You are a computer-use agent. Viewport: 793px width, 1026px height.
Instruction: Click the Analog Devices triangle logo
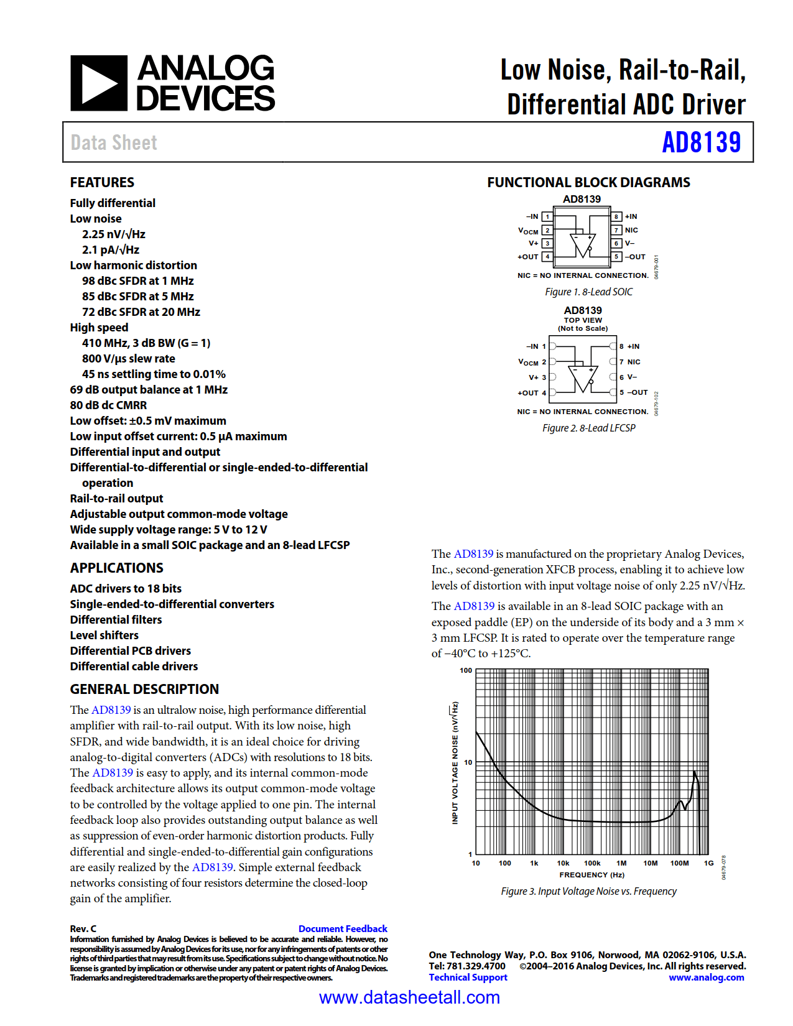pyautogui.click(x=99, y=83)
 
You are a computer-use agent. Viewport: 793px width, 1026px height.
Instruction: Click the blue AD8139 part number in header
pyautogui.click(x=701, y=142)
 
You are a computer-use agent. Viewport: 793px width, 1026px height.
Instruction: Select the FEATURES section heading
pyautogui.click(x=102, y=182)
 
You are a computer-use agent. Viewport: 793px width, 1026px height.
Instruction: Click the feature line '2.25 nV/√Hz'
pyautogui.click(x=114, y=234)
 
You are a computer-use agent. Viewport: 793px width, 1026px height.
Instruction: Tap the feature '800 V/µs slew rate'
pyautogui.click(x=129, y=359)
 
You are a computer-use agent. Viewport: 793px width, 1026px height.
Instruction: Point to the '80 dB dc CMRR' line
pyautogui.click(x=108, y=405)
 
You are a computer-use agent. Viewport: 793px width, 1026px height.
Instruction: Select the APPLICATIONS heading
pyautogui.click(x=116, y=568)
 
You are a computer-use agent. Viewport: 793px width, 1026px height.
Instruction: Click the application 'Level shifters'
pyautogui.click(x=104, y=635)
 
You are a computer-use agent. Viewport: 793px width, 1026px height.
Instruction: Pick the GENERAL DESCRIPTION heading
pyautogui.click(x=144, y=689)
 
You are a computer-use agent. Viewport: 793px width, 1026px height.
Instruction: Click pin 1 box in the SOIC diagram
pyautogui.click(x=547, y=216)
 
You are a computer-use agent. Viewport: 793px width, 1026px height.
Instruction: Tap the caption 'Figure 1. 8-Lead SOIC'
pyautogui.click(x=588, y=292)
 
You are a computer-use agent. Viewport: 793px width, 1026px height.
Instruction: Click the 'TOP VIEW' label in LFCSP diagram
pyautogui.click(x=583, y=320)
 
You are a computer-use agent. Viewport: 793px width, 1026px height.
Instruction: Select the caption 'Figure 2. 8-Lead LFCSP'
pyautogui.click(x=588, y=428)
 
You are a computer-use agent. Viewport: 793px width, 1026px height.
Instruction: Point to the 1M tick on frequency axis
pyautogui.click(x=621, y=863)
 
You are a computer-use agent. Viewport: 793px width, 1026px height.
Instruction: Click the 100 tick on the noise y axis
pyautogui.click(x=466, y=670)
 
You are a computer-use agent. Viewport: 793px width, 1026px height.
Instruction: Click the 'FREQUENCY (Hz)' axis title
pyautogui.click(x=591, y=875)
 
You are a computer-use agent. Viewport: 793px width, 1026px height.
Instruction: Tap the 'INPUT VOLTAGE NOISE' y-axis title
pyautogui.click(x=455, y=764)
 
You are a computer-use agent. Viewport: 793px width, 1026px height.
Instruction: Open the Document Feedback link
pyautogui.click(x=343, y=928)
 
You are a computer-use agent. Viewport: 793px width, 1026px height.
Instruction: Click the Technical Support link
pyautogui.click(x=468, y=977)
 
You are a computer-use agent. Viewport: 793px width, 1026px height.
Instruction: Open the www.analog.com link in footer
pyautogui.click(x=706, y=977)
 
